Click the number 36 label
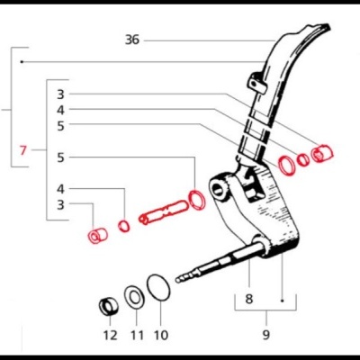point(132,40)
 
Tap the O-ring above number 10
point(158,288)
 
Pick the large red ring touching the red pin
point(196,199)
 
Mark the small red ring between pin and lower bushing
point(124,223)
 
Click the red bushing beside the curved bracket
point(320,152)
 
